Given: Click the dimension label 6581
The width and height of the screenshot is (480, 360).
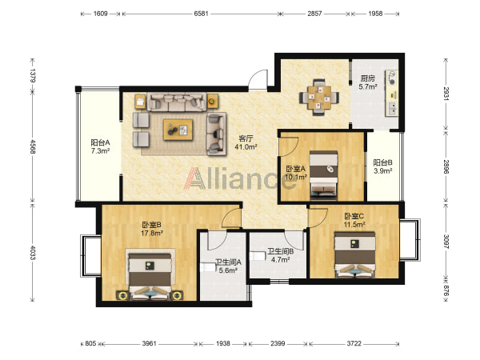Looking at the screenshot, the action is click(201, 14).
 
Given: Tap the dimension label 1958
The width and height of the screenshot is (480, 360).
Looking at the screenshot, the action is click(375, 14).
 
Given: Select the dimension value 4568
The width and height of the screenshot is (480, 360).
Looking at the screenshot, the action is click(33, 146).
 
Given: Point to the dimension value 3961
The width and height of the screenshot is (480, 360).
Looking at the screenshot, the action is click(150, 343).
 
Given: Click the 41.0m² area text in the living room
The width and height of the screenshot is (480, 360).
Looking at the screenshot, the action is click(246, 147).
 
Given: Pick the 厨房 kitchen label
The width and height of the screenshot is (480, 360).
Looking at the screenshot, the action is click(367, 78).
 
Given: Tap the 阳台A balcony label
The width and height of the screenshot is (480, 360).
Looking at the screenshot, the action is click(101, 142).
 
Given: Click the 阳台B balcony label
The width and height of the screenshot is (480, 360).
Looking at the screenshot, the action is click(382, 162).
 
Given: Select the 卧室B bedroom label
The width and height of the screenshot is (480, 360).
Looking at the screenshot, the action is click(151, 225).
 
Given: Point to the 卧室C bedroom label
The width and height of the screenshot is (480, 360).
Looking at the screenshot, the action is click(354, 216).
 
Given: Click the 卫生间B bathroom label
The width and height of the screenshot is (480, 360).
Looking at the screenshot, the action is click(281, 251).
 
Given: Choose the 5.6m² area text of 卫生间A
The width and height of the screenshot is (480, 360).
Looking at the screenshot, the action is click(228, 270).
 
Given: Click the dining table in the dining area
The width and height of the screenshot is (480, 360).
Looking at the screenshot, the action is click(319, 98).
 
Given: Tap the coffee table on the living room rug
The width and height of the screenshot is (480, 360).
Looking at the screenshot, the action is click(178, 130).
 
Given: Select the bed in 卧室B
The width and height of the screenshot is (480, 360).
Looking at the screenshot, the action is click(150, 275).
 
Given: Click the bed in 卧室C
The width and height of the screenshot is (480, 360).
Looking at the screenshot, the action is click(355, 254).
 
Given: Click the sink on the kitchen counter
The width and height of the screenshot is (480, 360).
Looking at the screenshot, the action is click(392, 108).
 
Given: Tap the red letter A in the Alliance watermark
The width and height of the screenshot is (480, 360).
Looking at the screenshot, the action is click(194, 178).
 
